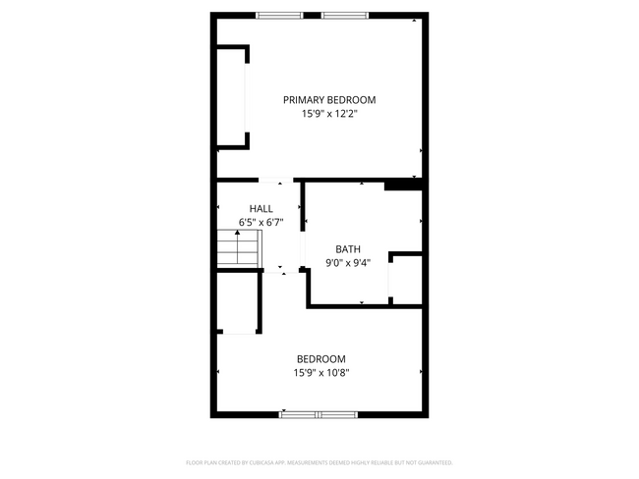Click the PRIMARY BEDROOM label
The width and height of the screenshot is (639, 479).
pos(329,99)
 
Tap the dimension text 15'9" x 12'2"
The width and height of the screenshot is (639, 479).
pos(329,114)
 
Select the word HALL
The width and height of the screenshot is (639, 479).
pos(261,208)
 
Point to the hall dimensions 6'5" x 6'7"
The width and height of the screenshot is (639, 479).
pos(261,222)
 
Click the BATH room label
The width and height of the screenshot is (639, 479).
pos(348,248)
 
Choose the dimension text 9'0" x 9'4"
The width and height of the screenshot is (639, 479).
pos(348,262)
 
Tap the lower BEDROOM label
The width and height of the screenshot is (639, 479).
pos(321,358)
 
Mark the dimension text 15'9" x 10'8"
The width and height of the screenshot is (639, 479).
pos(321,372)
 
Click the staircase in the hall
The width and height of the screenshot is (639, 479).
pos(238,250)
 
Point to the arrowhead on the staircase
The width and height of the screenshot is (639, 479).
pos(237,233)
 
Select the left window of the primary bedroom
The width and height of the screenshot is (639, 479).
pos(280,15)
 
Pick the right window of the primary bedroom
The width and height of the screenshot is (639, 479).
pos(344,15)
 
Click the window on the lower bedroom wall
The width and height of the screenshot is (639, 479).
pos(318,414)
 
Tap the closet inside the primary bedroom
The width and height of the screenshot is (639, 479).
pos(231,97)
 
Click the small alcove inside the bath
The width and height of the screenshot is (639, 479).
pos(407,280)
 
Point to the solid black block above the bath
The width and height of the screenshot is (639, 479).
pos(402,184)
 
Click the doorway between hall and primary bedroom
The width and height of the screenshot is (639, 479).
pos(276,180)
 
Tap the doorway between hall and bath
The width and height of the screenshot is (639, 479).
pos(302,241)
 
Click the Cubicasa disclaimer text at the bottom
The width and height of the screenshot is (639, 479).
pos(319,462)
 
